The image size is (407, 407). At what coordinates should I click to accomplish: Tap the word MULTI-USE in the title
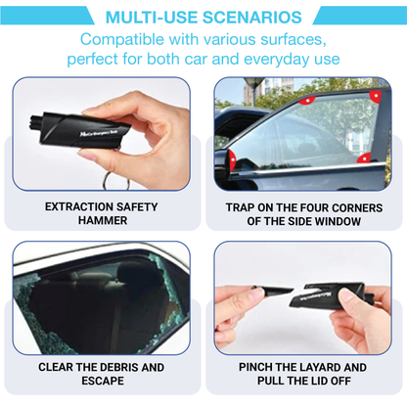145,17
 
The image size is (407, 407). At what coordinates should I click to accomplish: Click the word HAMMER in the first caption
101,222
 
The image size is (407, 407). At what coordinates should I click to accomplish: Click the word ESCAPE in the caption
102,384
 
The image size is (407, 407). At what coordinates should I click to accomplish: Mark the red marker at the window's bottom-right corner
364,158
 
